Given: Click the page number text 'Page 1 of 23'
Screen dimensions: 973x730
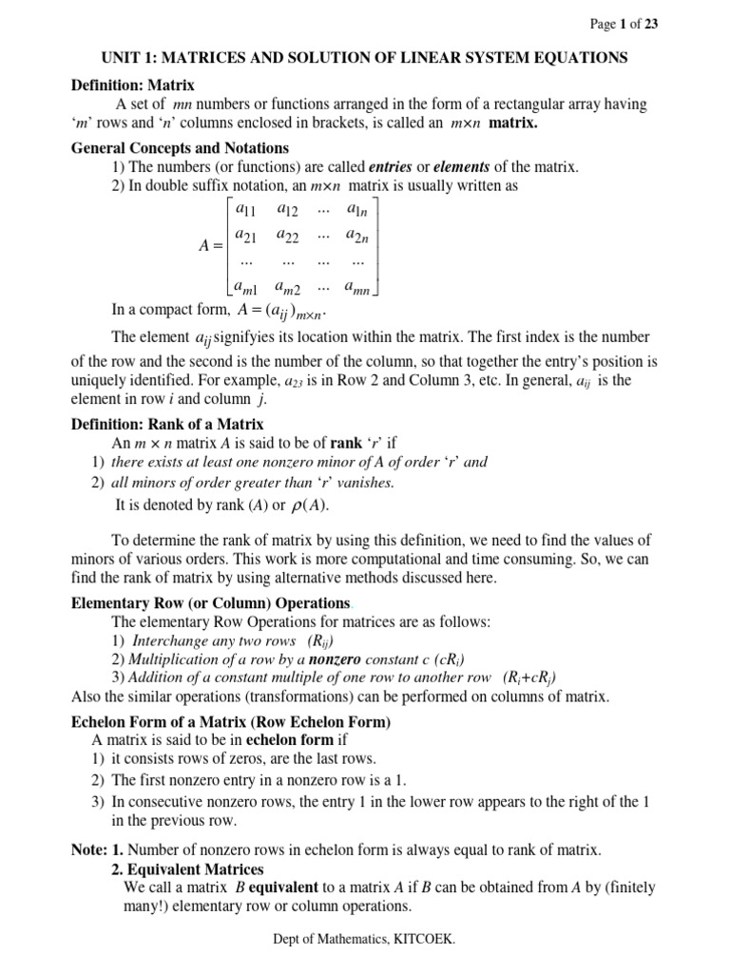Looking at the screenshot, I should point(624,26).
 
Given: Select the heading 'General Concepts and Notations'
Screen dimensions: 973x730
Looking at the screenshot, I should point(181,148).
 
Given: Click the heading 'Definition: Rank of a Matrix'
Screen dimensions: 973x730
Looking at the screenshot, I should point(168,424).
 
